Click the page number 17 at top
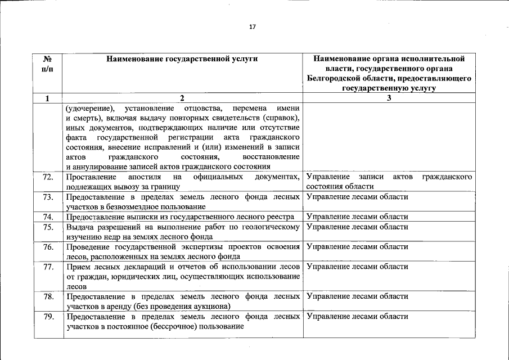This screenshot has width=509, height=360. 253,27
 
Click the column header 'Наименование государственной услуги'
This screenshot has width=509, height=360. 182,58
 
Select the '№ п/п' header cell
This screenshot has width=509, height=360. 47,63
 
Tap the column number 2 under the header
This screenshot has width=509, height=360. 182,98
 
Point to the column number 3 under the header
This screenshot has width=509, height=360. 389,98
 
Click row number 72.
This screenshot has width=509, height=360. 48,177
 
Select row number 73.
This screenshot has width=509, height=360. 48,197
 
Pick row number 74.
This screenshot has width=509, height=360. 48,217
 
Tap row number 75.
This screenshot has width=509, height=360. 48,227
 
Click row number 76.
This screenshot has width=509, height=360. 48,246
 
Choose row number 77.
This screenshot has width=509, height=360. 48,266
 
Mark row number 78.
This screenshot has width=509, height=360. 48,296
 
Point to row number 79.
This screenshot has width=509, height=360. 48,316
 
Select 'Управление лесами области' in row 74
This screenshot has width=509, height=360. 357,217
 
